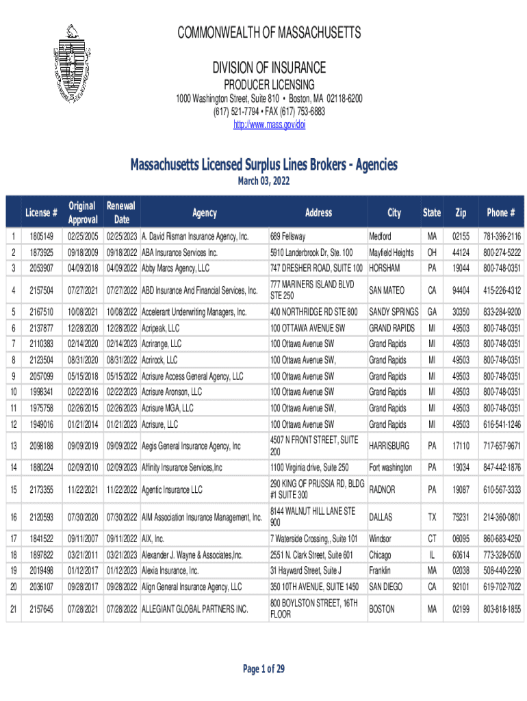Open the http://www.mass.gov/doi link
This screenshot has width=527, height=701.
[269, 125]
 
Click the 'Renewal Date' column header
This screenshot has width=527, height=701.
[121, 212]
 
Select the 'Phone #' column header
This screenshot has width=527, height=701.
[502, 213]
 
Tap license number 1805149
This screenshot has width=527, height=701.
[41, 237]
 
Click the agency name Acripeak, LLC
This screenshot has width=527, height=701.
[160, 328]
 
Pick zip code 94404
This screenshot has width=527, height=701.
[461, 290]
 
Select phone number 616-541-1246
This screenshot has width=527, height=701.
[502, 424]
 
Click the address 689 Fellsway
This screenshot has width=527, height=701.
[287, 237]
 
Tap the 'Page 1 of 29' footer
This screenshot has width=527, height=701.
[263, 669]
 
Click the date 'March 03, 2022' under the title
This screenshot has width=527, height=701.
[263, 181]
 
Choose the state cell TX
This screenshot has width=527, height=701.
[432, 515]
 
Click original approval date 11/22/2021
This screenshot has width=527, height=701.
[81, 490]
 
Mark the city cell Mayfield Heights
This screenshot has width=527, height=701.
[391, 253]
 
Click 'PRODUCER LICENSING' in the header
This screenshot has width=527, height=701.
[268, 85]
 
